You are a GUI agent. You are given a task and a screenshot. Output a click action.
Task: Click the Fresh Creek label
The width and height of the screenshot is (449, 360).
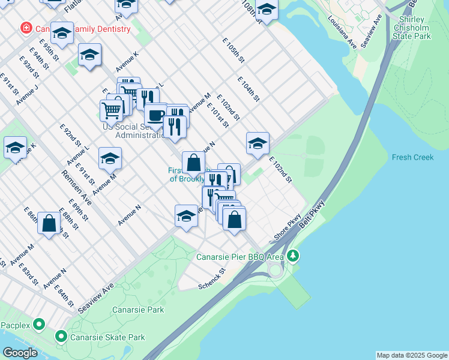click(x=412, y=157)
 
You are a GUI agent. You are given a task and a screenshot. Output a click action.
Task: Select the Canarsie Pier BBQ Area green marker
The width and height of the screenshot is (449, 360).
click(x=293, y=256)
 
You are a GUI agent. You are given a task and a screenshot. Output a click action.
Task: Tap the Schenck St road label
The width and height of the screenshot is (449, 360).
click(x=212, y=279)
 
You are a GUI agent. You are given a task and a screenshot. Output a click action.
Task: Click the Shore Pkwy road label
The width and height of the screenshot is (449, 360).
click(x=287, y=229)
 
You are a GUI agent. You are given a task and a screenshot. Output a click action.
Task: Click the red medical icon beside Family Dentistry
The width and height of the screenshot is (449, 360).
click(x=26, y=28)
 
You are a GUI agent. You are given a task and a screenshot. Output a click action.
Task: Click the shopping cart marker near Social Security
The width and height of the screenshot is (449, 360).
click(x=111, y=110)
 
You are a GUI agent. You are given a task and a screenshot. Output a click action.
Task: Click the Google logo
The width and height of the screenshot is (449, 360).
click(x=20, y=353)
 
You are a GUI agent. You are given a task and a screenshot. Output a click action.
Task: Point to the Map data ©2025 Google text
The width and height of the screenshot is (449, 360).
click(x=411, y=355)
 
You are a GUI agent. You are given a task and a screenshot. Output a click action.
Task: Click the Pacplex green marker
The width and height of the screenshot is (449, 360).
click(x=40, y=325)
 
